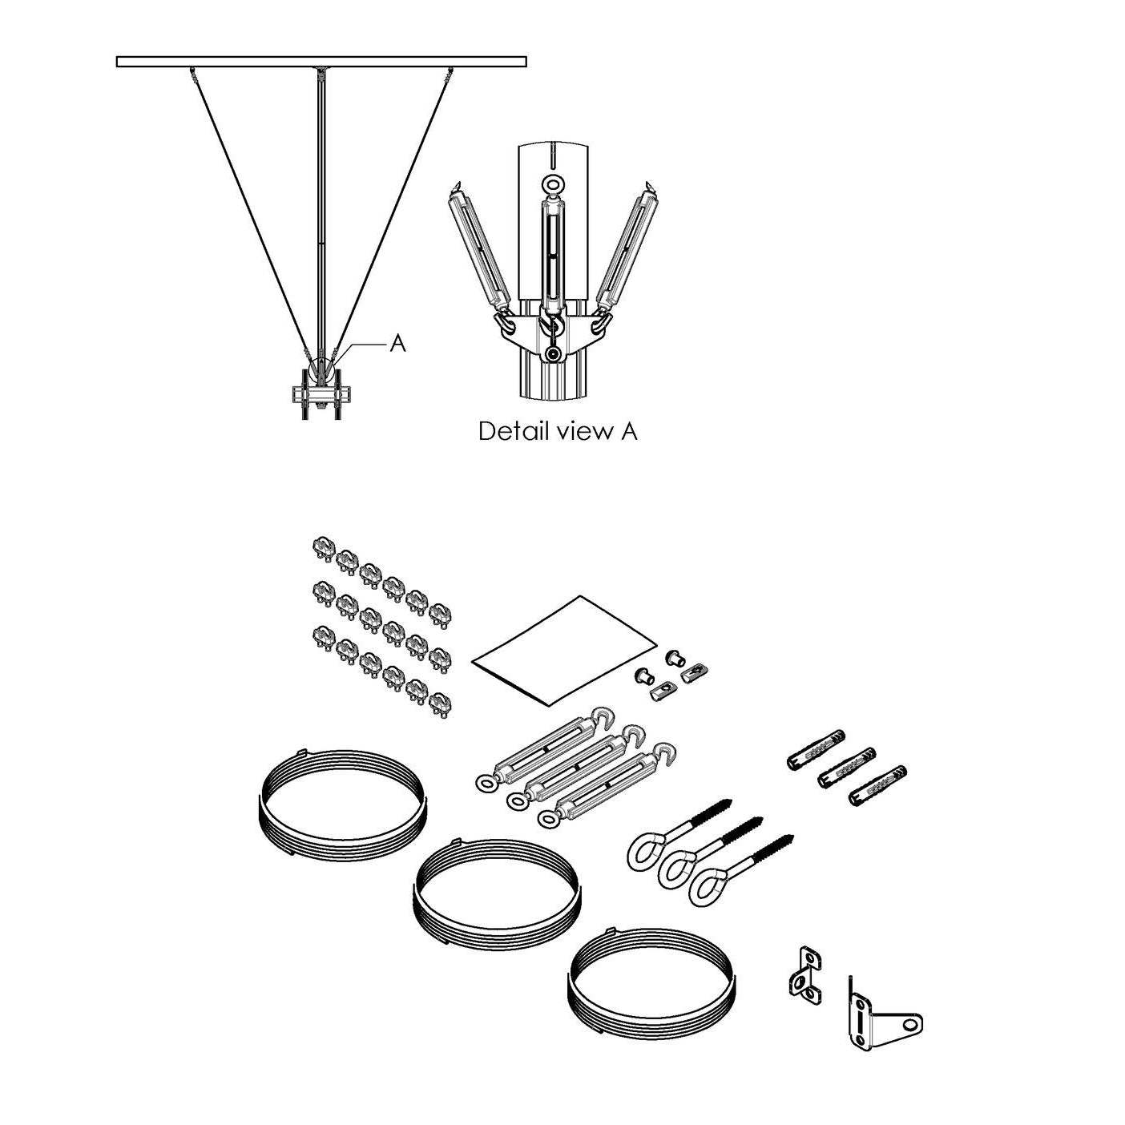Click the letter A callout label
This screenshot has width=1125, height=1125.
tap(397, 344)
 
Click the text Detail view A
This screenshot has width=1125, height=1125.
tap(558, 431)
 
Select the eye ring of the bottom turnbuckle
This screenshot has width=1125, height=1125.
tap(549, 819)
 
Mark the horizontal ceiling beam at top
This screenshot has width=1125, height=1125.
tap(321, 61)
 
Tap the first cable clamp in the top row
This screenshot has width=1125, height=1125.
tap(321, 549)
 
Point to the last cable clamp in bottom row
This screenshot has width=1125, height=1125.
tap(438, 705)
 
